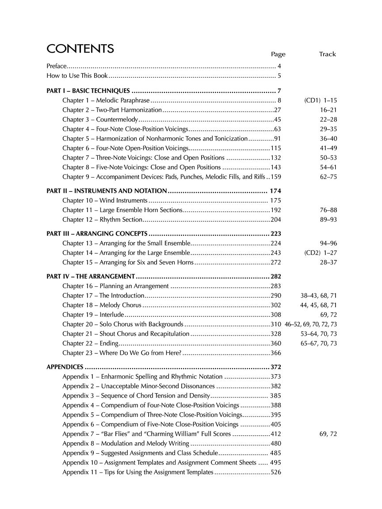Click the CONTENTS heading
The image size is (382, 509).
point(80,49)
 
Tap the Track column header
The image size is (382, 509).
point(327,54)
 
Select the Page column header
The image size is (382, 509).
point(278,54)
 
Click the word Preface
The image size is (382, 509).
point(56,66)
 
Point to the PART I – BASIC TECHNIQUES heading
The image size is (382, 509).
point(88,91)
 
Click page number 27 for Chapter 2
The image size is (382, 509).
point(278,110)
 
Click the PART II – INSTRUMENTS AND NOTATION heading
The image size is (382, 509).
point(107,191)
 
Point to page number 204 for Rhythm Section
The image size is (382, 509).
point(276,220)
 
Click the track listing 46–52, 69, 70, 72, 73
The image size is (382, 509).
point(311,325)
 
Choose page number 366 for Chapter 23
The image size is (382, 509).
point(276,353)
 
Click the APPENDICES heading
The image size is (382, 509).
point(65,367)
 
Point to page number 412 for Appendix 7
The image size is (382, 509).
point(276,434)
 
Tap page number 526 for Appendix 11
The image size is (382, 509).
point(276,472)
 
